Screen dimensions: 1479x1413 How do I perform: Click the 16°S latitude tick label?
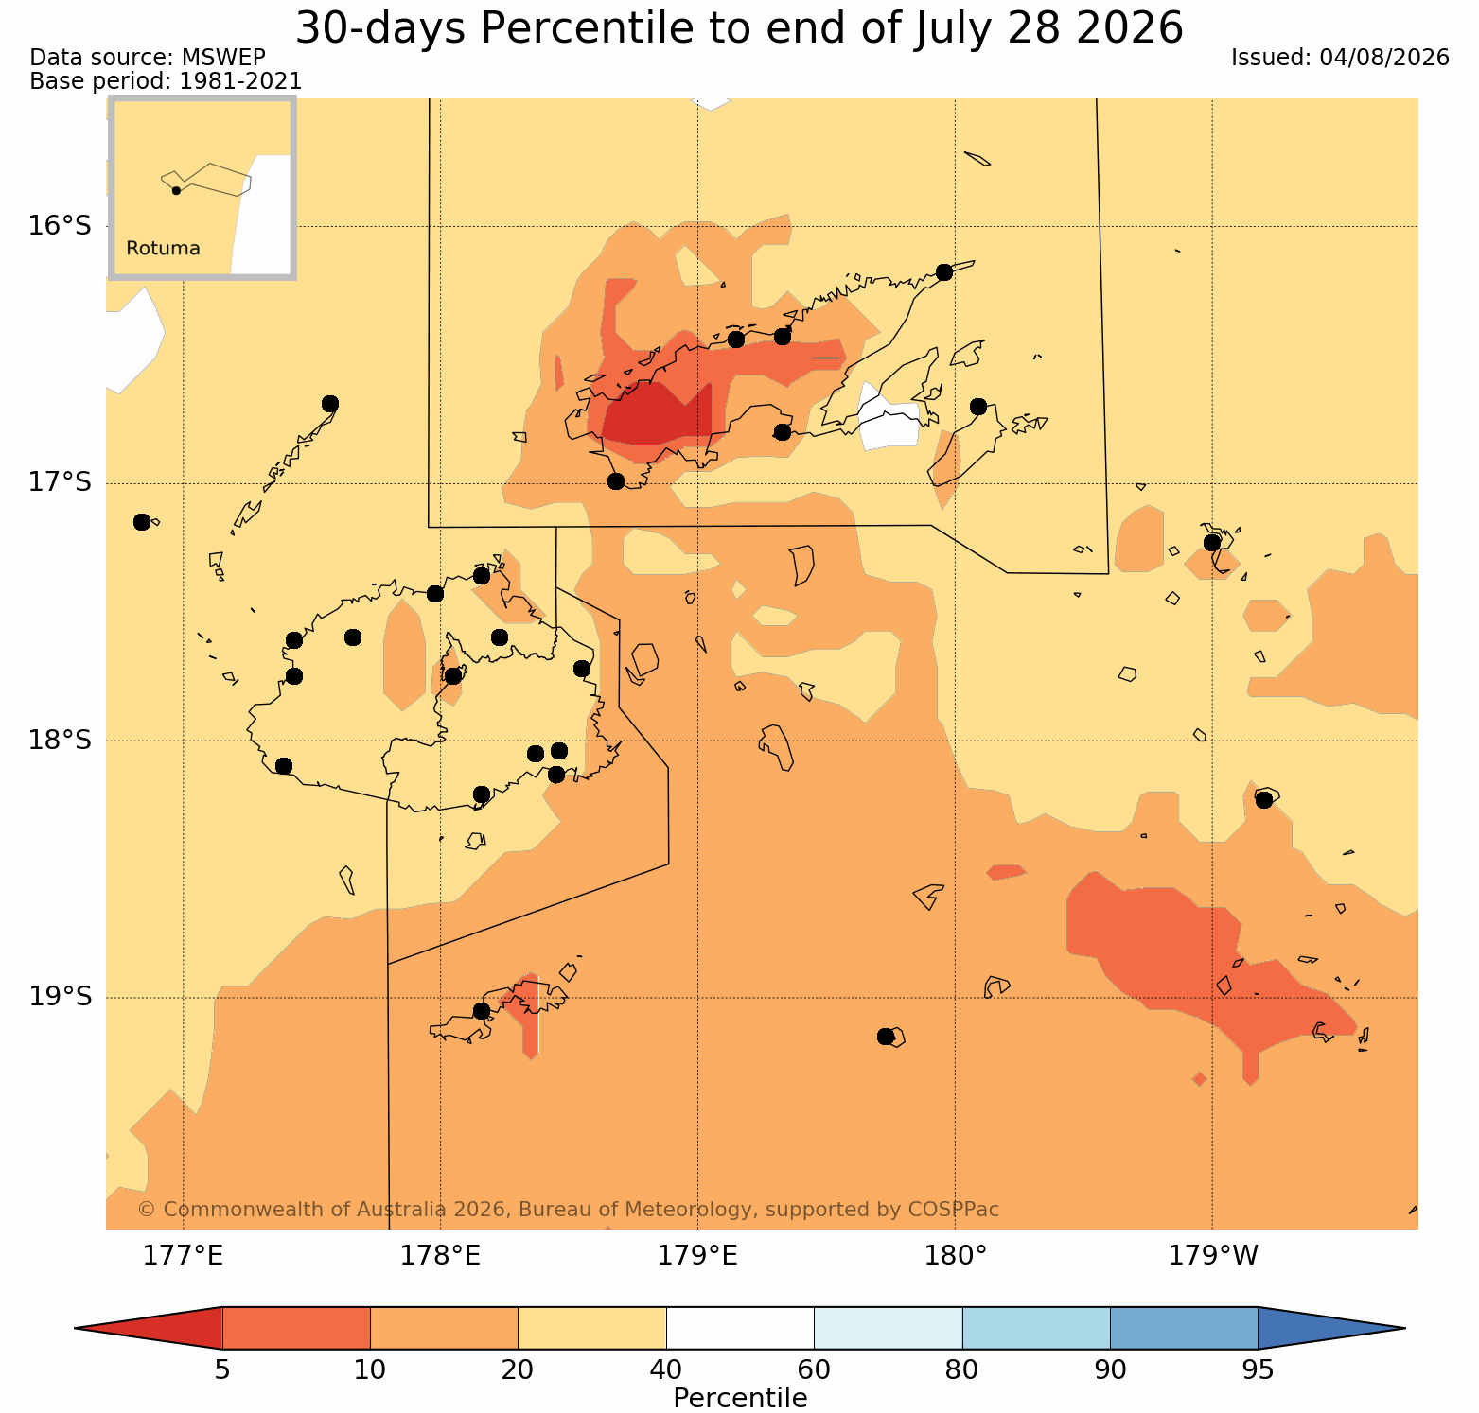(x=60, y=226)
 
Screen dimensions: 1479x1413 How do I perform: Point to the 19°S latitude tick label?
(x=60, y=997)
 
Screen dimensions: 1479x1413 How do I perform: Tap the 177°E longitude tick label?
(x=183, y=1256)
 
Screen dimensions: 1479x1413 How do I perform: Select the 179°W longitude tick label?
(x=1213, y=1256)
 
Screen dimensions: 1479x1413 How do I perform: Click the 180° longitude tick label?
(x=956, y=1256)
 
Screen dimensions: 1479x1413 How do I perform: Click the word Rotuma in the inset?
(x=163, y=249)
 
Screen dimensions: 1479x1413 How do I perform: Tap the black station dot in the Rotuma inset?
(x=176, y=190)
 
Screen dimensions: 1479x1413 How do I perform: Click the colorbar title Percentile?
(x=740, y=1398)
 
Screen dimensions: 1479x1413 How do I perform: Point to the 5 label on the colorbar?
(x=222, y=1370)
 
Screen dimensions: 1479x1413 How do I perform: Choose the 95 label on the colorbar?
(x=1258, y=1370)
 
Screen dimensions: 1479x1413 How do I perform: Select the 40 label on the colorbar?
(x=666, y=1370)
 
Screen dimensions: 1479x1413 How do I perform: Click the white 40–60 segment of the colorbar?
(x=740, y=1328)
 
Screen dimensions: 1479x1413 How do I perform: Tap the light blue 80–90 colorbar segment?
(x=1036, y=1328)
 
